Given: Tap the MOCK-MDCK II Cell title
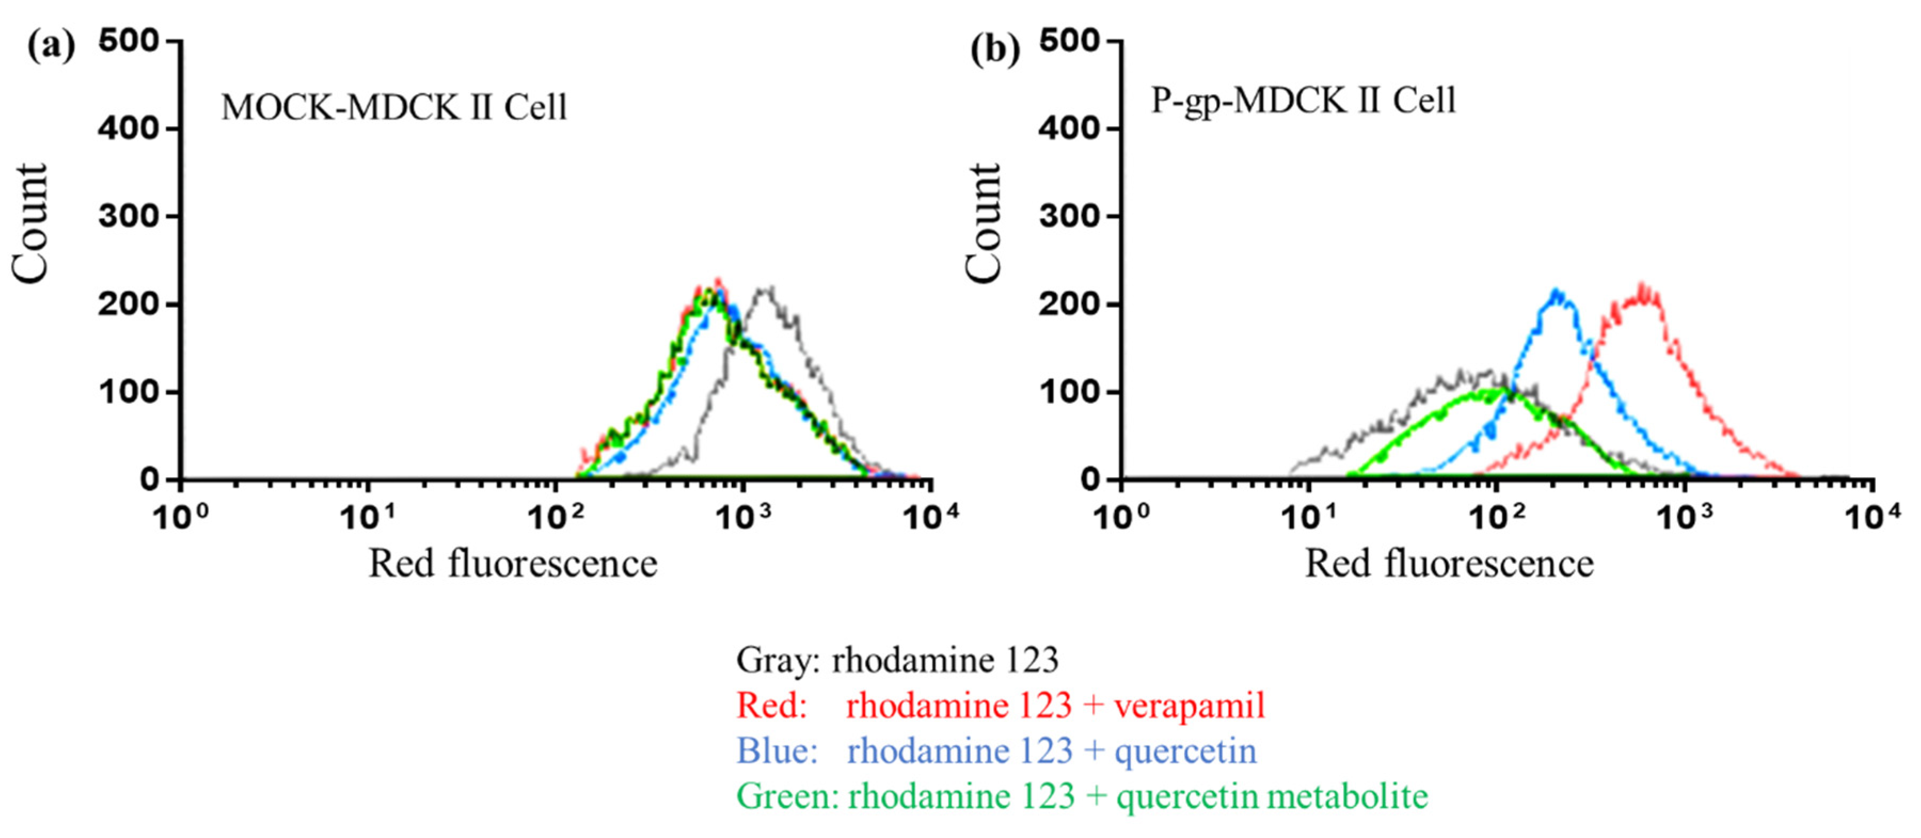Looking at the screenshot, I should pos(394,107).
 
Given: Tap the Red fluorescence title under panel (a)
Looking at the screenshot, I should pos(513,564).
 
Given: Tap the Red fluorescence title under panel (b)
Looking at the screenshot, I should pos(1449,564).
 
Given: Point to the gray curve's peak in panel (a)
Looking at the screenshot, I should pos(767,287).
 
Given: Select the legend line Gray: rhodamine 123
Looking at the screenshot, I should pos(897,660).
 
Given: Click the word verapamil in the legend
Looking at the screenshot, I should pos(1190,705).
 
